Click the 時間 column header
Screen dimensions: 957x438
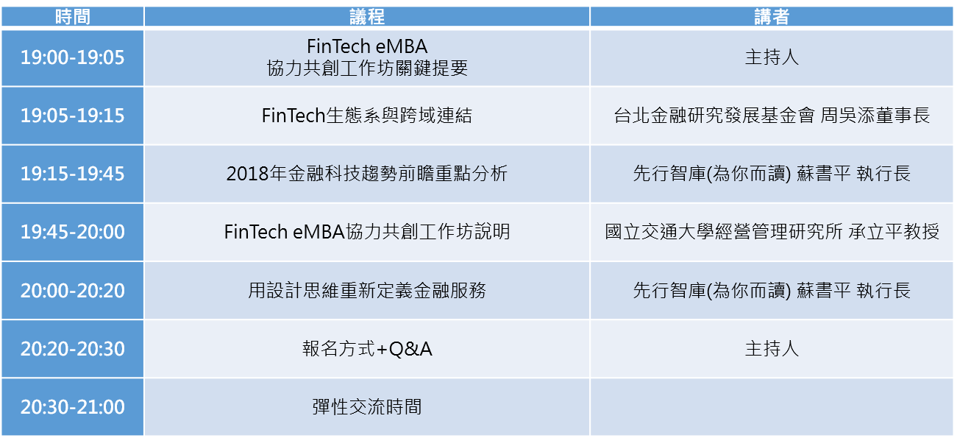73,17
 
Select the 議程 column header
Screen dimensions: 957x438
367,17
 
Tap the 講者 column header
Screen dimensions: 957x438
771,17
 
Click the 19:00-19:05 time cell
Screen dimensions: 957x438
73,57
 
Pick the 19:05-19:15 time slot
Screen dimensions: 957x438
73,116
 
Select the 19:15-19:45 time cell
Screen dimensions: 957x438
73,174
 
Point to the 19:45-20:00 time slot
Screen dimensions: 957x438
73,232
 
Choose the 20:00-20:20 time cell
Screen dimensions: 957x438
73,291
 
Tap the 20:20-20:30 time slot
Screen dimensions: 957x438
73,349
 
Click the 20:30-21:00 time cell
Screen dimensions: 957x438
73,407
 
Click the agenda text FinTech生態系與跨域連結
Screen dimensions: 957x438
367,116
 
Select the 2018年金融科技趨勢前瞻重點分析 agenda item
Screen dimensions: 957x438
367,174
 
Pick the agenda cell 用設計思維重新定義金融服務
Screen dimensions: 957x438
367,291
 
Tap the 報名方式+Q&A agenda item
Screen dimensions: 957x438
367,349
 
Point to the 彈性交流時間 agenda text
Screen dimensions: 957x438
367,407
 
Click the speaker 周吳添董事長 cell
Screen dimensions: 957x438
771,116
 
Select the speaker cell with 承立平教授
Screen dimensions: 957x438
771,232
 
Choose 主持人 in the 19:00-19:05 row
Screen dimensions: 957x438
771,57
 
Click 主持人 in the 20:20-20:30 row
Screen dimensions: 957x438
771,349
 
